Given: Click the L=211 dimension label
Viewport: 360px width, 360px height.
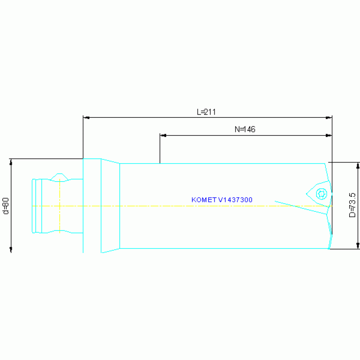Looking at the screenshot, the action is point(206,112).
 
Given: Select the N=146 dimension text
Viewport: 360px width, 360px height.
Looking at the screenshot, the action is point(245,130).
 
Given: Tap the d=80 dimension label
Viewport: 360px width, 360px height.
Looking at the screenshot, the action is point(6,206).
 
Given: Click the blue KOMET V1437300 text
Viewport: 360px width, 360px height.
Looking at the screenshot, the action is point(222,200).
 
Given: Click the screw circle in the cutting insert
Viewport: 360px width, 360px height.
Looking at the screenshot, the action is point(322,193).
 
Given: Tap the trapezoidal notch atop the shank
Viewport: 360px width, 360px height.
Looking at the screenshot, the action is point(60,176).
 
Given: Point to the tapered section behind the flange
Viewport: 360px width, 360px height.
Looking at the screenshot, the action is point(111,206).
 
